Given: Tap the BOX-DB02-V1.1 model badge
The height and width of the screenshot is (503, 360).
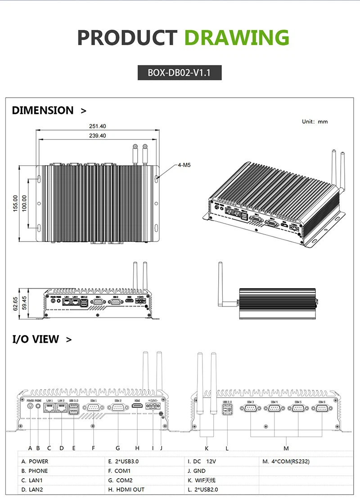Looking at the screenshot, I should (x=180, y=72).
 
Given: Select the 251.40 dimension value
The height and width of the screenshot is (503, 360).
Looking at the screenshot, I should (x=97, y=127).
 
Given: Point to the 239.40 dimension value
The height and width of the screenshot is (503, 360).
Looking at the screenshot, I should (x=97, y=136).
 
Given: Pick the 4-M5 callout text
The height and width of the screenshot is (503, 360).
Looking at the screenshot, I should (x=184, y=165).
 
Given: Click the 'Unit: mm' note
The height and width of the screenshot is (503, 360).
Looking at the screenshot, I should (x=315, y=122).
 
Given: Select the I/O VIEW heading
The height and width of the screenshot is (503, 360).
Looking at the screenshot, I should (x=36, y=339).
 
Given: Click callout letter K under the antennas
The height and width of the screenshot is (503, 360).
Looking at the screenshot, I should (x=207, y=448).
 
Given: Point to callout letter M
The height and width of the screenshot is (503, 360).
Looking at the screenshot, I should (x=286, y=448).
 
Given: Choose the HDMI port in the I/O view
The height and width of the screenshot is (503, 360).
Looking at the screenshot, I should (x=138, y=407).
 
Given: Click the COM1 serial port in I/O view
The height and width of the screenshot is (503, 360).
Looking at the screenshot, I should (x=93, y=407).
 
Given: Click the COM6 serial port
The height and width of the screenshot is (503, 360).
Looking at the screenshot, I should (x=322, y=408).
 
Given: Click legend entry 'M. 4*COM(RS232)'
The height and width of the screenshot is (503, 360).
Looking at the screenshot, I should (x=286, y=462).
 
